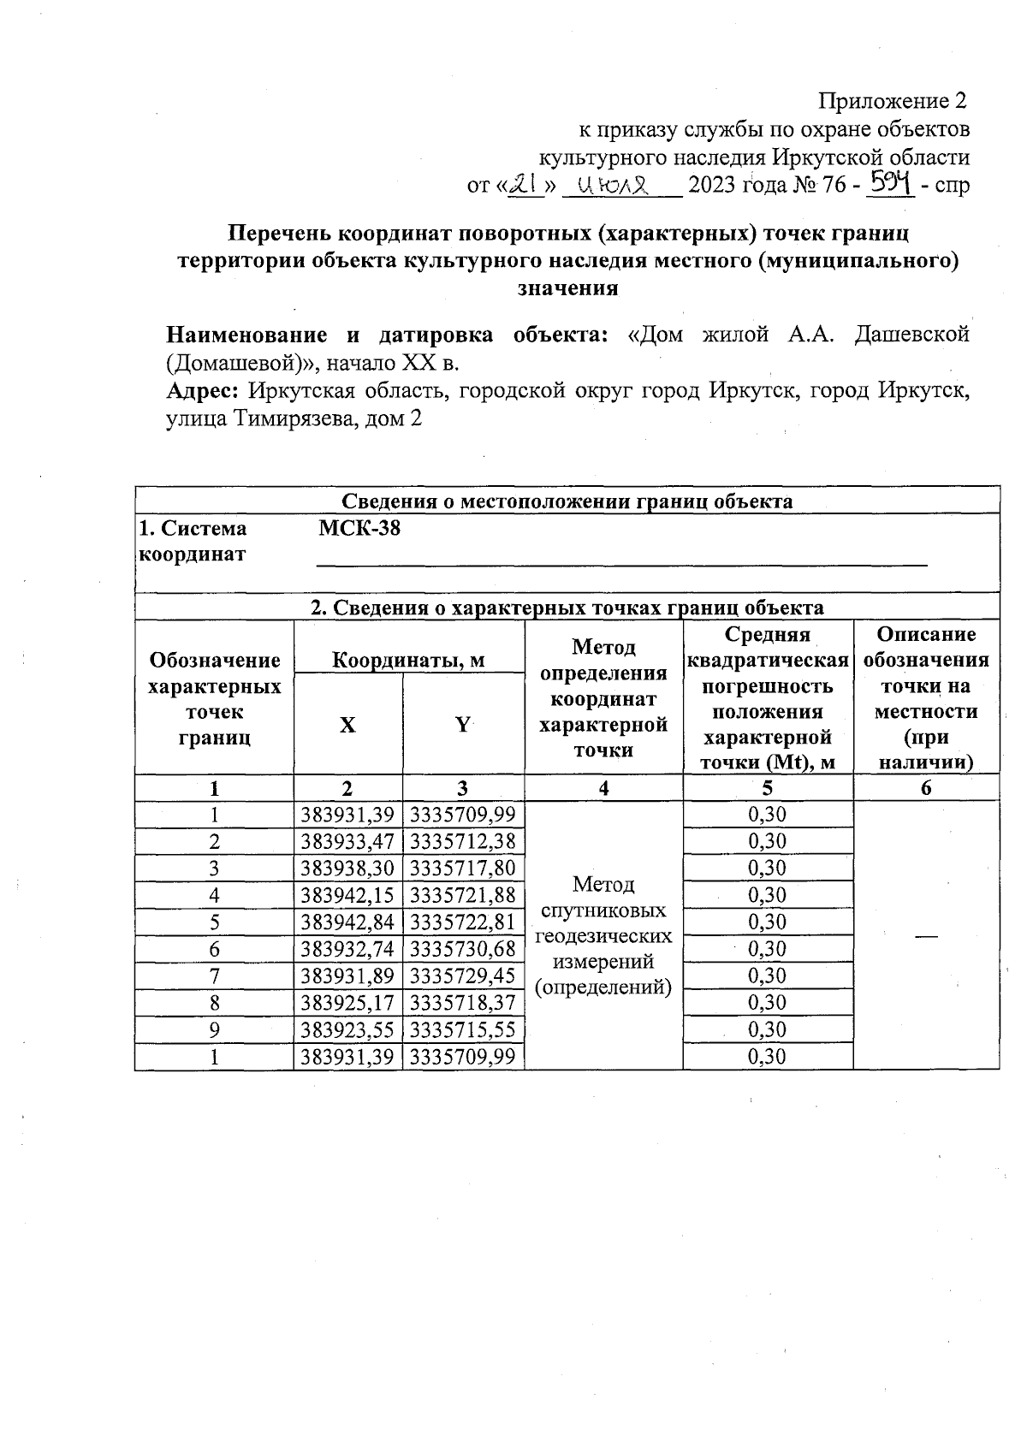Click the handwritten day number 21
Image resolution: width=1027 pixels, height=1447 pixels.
(x=525, y=184)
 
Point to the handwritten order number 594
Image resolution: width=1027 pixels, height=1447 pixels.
(x=890, y=182)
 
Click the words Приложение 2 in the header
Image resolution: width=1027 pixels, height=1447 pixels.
(x=893, y=101)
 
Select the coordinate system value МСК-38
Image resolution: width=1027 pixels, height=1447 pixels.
(x=359, y=528)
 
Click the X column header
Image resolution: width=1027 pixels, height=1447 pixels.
(x=347, y=725)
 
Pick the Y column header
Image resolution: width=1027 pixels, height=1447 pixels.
(x=463, y=725)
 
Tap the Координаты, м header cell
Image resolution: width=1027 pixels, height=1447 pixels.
(x=408, y=660)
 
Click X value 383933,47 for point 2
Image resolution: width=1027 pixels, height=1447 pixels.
(x=347, y=841)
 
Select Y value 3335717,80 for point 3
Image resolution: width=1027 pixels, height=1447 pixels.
(x=463, y=868)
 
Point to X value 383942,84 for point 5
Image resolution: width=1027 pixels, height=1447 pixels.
(x=347, y=922)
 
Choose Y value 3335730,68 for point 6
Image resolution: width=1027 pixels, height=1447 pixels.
(x=463, y=948)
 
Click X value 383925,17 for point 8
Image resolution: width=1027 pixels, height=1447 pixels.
(x=347, y=1002)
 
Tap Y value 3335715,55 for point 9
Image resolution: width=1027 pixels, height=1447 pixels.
(x=463, y=1029)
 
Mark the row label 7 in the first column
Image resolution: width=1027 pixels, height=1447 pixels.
(x=214, y=976)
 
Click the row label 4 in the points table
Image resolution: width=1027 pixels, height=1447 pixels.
(x=214, y=895)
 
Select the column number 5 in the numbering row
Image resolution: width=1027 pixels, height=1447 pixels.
(x=768, y=788)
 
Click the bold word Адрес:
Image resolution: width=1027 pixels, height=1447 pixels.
(x=201, y=391)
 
